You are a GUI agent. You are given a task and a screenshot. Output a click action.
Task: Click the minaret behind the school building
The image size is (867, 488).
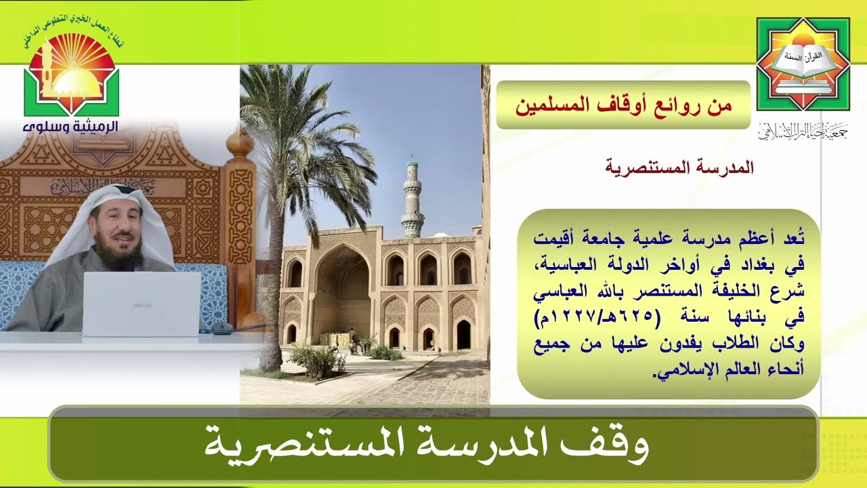pyautogui.click(x=412, y=197)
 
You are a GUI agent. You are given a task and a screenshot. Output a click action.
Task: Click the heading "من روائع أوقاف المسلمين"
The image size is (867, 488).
pyautogui.click(x=623, y=105)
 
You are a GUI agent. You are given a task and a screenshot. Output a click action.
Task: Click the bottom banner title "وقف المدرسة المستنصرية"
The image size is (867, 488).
pyautogui.click(x=427, y=444)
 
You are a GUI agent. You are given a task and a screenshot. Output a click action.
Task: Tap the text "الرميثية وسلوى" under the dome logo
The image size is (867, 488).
pyautogui.click(x=71, y=127)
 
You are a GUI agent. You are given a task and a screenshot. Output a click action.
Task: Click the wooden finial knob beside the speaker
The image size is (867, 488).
pyautogui.click(x=238, y=142)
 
